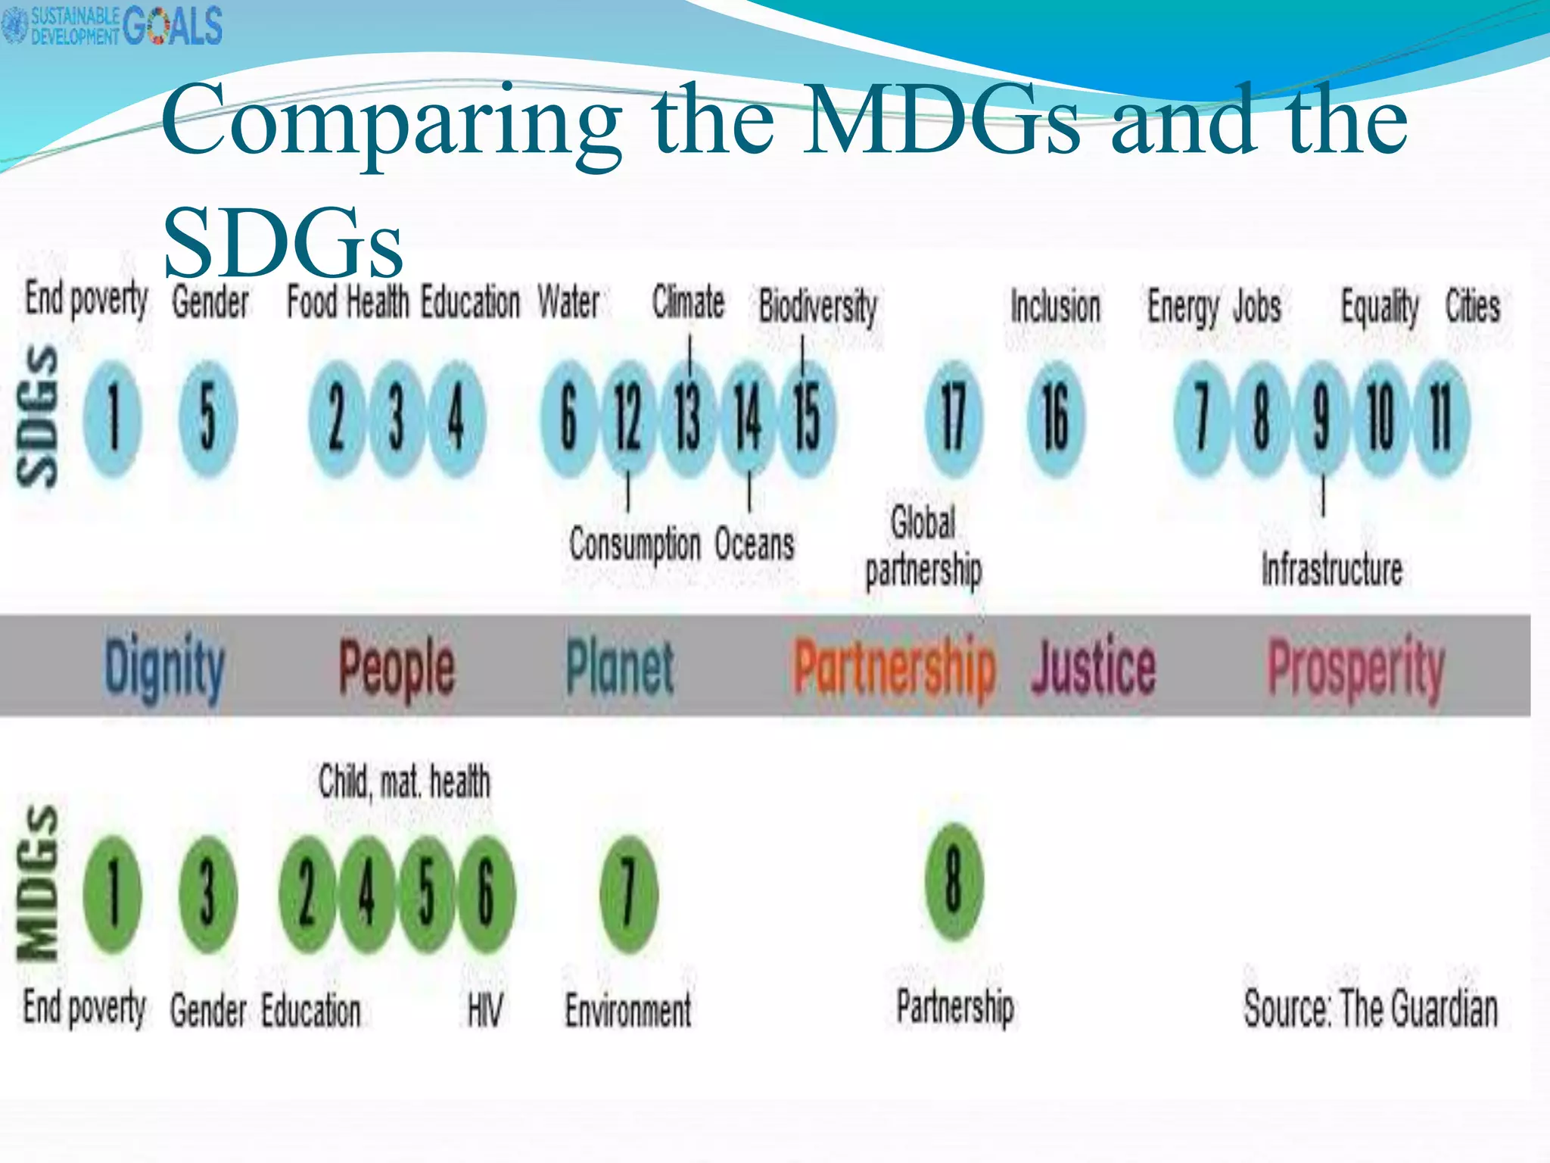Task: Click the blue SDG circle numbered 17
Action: pyautogui.click(x=954, y=419)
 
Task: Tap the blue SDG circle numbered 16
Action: pyautogui.click(x=1056, y=419)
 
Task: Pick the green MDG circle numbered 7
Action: pyautogui.click(x=628, y=893)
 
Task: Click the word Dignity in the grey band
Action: pyautogui.click(x=164, y=668)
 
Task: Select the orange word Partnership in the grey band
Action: pyautogui.click(x=895, y=668)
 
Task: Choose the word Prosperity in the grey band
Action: pyautogui.click(x=1356, y=668)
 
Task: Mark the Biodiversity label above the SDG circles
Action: pyautogui.click(x=818, y=307)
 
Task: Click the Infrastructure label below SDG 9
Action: pyautogui.click(x=1332, y=569)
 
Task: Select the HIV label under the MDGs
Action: pyautogui.click(x=484, y=1010)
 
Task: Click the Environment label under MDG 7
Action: pyautogui.click(x=628, y=1010)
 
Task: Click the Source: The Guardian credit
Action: pyautogui.click(x=1371, y=1009)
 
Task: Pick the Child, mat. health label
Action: pyautogui.click(x=404, y=781)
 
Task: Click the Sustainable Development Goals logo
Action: pyautogui.click(x=114, y=25)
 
